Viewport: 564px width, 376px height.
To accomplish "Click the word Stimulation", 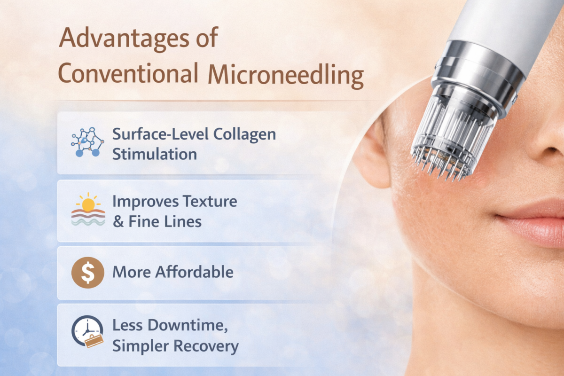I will coord(154,154).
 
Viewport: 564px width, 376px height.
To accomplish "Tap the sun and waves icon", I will coord(88,210).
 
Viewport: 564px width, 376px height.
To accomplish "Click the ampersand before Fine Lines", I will coord(117,221).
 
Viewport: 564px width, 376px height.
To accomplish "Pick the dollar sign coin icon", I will coord(87,273).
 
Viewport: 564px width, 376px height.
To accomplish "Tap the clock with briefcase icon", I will coord(87,331).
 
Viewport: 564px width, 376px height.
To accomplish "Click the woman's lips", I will coord(533,220).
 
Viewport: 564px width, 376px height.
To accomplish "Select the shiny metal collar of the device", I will coord(479,70).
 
